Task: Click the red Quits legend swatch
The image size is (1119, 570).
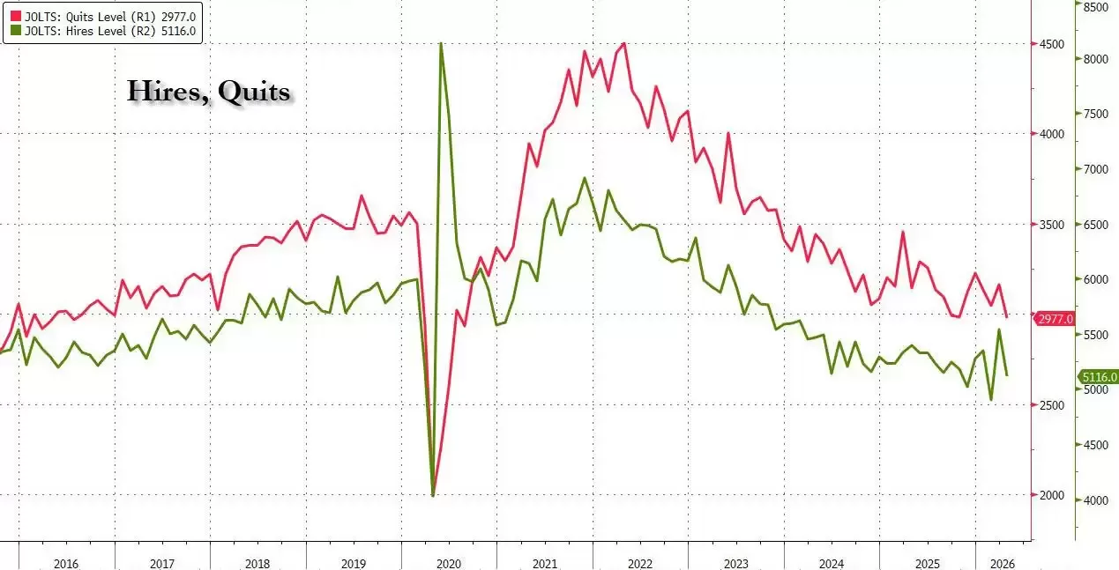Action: click(x=16, y=17)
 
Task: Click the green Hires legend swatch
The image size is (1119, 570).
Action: click(x=16, y=31)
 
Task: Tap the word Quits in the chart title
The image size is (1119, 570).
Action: click(x=254, y=92)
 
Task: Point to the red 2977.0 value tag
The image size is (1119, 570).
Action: click(x=1055, y=319)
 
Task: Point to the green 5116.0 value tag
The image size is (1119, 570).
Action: click(x=1098, y=377)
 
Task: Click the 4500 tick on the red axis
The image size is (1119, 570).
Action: click(x=1051, y=44)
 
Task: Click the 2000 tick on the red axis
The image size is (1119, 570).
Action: click(x=1051, y=495)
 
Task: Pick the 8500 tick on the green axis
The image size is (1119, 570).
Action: click(x=1095, y=7)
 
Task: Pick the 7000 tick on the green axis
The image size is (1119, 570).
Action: click(x=1095, y=169)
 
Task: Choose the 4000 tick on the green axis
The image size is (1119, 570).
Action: click(x=1095, y=500)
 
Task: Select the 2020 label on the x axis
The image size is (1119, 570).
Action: click(x=449, y=564)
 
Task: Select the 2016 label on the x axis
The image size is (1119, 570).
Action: click(x=66, y=564)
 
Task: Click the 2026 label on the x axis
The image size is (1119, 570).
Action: click(x=1002, y=564)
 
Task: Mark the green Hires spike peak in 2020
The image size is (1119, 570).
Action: click(x=441, y=44)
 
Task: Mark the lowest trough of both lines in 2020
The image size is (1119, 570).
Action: click(x=433, y=494)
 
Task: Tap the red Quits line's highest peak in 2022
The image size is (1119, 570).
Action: click(x=624, y=44)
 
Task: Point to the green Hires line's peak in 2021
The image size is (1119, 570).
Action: click(x=585, y=178)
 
